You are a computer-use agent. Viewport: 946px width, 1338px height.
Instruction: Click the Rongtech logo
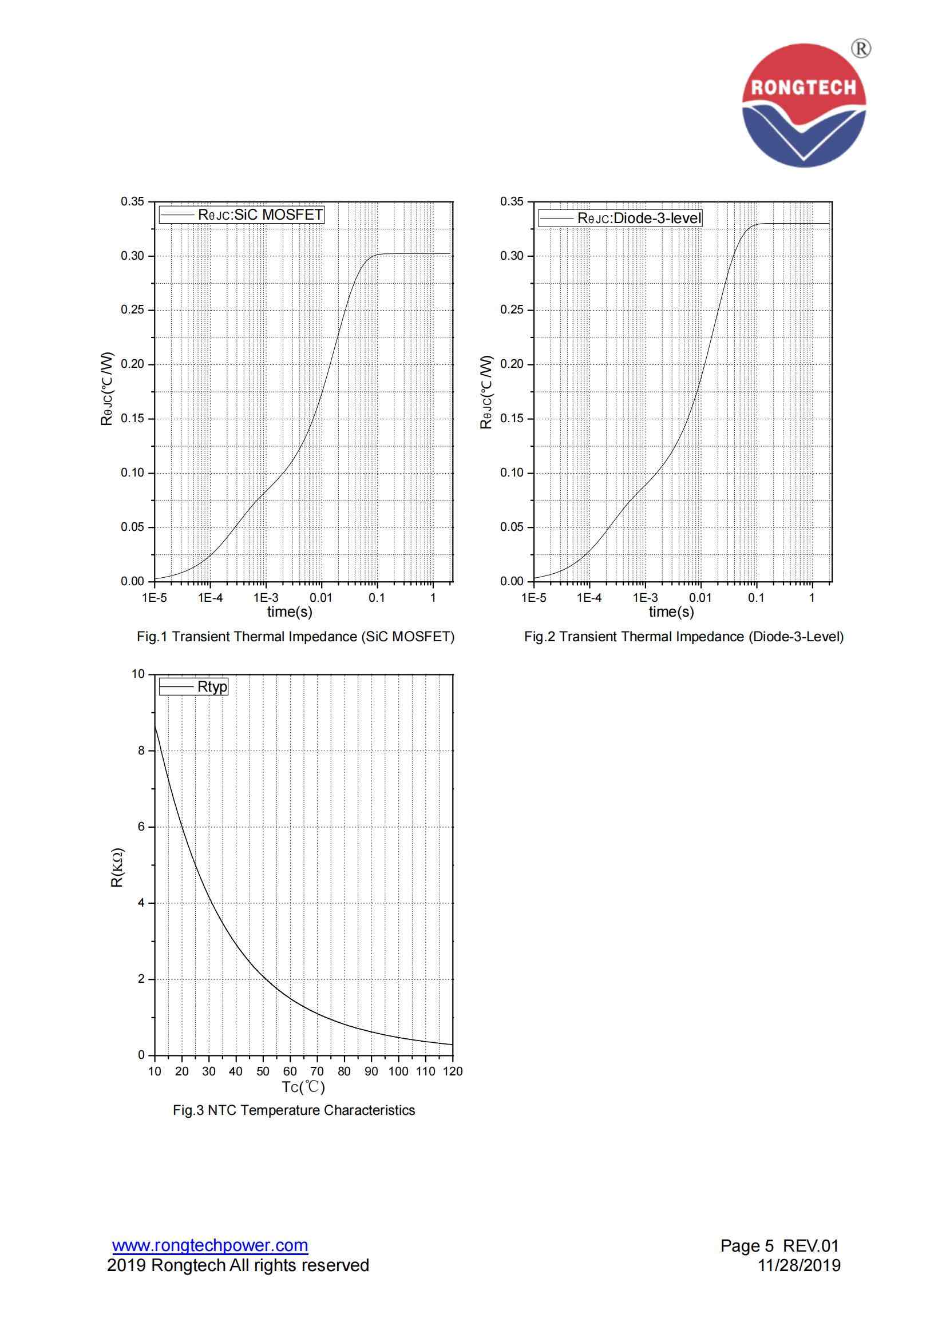(x=803, y=105)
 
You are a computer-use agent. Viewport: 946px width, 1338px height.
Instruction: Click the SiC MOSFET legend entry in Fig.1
(x=242, y=215)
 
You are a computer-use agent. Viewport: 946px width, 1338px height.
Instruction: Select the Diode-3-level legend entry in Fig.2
(x=620, y=219)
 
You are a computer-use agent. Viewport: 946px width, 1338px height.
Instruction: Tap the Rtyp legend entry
(x=193, y=686)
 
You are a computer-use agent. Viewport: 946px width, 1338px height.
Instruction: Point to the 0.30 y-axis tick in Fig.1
(x=132, y=256)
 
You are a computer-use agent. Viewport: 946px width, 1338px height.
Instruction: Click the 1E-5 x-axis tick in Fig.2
(x=533, y=597)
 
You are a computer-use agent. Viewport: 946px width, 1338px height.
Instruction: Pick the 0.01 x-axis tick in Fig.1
(x=320, y=597)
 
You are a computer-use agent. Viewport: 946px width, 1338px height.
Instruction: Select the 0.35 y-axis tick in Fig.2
(x=512, y=201)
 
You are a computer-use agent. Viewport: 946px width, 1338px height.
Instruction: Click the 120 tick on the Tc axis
(x=453, y=1071)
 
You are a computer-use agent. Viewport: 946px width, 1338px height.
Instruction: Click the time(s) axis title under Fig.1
(x=290, y=612)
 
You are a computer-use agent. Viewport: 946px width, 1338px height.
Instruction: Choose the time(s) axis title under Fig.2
(x=671, y=612)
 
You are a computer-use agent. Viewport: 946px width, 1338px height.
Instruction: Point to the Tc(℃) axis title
(x=303, y=1086)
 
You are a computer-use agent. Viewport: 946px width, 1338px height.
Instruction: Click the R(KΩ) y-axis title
(x=117, y=867)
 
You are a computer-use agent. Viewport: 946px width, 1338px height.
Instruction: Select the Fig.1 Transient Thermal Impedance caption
(x=295, y=636)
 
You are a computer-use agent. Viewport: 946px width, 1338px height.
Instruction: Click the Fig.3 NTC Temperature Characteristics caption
(x=294, y=1110)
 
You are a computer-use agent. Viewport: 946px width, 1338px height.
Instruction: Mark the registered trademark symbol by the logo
(x=861, y=49)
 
